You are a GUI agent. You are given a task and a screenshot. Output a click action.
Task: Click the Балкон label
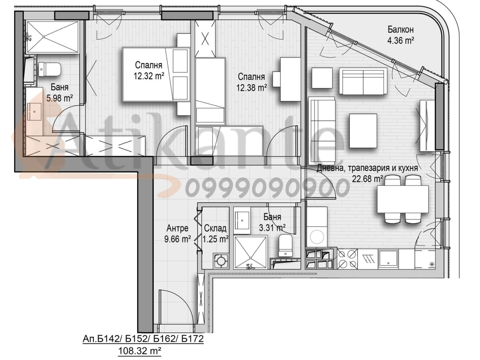click(x=400, y=29)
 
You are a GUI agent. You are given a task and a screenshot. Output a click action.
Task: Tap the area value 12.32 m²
click(x=149, y=76)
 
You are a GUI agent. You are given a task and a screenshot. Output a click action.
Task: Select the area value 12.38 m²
click(x=251, y=88)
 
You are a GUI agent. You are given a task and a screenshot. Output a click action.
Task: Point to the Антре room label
click(x=177, y=228)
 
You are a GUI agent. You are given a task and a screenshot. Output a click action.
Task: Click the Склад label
click(x=215, y=228)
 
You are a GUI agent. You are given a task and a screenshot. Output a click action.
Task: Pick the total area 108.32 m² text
click(x=139, y=351)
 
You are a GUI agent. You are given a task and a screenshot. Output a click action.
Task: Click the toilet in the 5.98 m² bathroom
click(x=49, y=70)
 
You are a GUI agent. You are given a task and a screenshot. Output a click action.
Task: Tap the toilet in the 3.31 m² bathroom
click(x=286, y=245)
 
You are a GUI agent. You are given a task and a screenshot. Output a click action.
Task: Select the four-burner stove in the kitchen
click(x=347, y=259)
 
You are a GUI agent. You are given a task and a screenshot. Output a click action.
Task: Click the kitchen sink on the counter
click(x=388, y=259)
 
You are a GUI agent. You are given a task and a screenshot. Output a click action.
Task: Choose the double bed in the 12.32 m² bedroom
click(x=156, y=74)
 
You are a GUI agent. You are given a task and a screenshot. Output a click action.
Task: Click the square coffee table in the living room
click(x=363, y=131)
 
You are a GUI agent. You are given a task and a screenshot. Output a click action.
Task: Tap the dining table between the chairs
click(x=403, y=199)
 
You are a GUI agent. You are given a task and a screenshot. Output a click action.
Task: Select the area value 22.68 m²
click(x=367, y=179)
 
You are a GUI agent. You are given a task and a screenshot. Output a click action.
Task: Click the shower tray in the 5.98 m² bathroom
click(x=52, y=37)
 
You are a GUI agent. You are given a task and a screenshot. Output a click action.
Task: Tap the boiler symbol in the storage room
click(x=221, y=261)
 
